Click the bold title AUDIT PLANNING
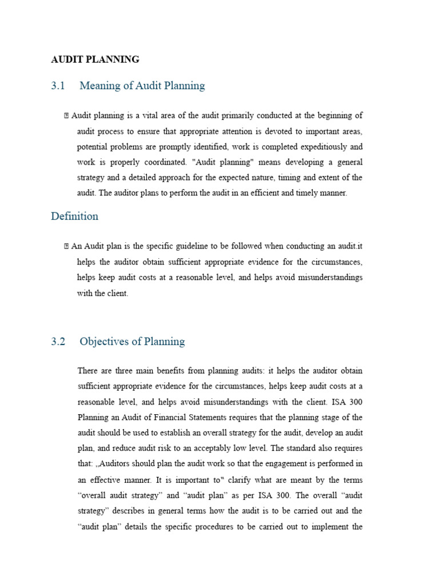(x=95, y=59)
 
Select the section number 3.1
(x=58, y=86)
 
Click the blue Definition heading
(x=74, y=217)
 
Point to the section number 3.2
(x=58, y=342)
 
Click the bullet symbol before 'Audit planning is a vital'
(x=67, y=116)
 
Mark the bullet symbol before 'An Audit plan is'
(x=67, y=247)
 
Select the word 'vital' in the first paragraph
(x=146, y=116)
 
